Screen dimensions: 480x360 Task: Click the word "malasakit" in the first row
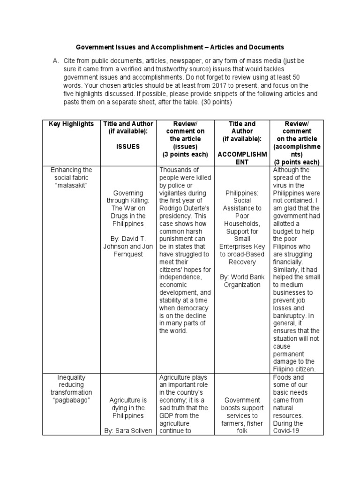coord(72,185)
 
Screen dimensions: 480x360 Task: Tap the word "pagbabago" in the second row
coord(72,400)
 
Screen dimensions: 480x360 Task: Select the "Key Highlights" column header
coord(72,124)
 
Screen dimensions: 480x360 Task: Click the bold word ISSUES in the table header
coord(128,146)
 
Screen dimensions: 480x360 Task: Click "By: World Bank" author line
coord(242,277)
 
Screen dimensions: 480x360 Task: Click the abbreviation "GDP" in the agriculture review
coord(166,415)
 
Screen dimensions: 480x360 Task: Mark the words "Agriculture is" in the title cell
coord(128,400)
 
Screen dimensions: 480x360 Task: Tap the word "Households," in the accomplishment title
coord(242,223)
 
